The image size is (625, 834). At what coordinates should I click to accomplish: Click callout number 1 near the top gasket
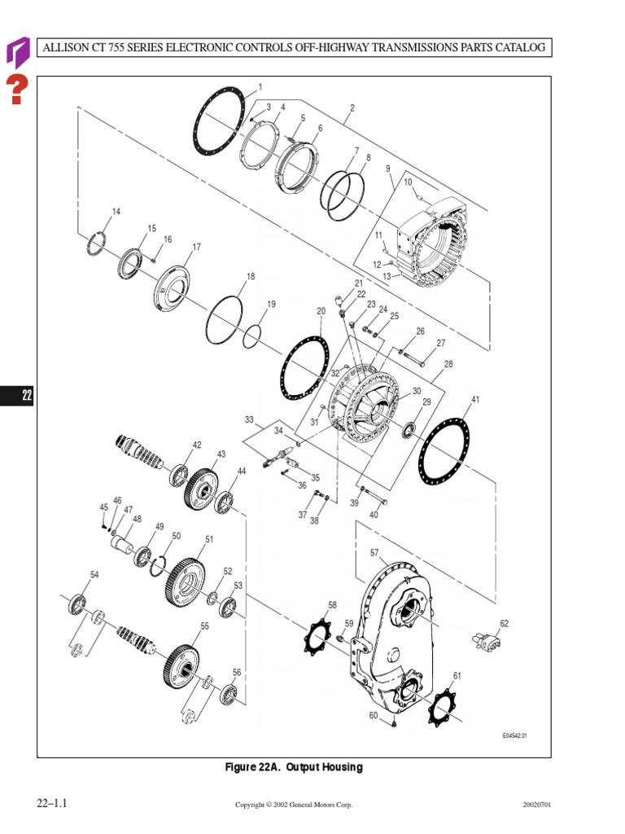tap(260, 86)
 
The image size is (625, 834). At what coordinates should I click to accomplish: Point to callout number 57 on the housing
tap(374, 553)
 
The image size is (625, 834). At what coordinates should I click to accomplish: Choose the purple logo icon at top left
tap(17, 51)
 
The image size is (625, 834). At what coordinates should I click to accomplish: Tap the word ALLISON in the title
tap(68, 47)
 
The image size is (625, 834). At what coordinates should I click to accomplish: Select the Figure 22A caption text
tap(294, 767)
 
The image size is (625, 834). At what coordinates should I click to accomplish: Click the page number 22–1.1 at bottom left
tap(50, 804)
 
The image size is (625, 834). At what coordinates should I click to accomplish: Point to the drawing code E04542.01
tap(515, 736)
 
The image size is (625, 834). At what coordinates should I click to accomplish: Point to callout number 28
tap(448, 364)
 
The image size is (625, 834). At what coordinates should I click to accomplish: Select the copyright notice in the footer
tap(294, 805)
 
